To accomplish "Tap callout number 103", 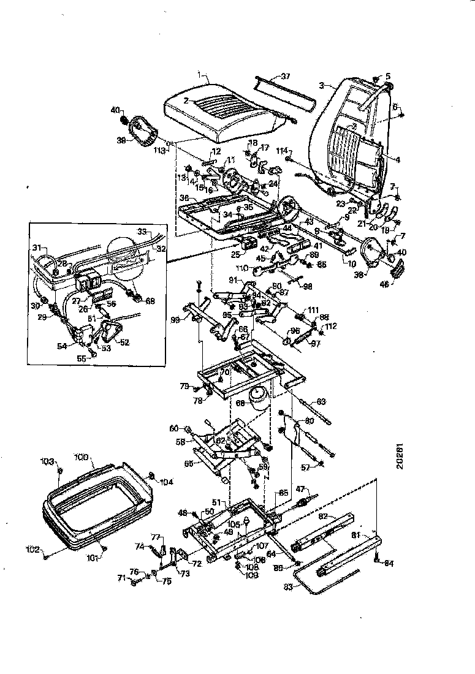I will [48, 461].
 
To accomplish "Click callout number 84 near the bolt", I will [389, 564].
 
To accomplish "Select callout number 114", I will [282, 151].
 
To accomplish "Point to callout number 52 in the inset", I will [125, 342].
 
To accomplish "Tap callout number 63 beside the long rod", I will [321, 402].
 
